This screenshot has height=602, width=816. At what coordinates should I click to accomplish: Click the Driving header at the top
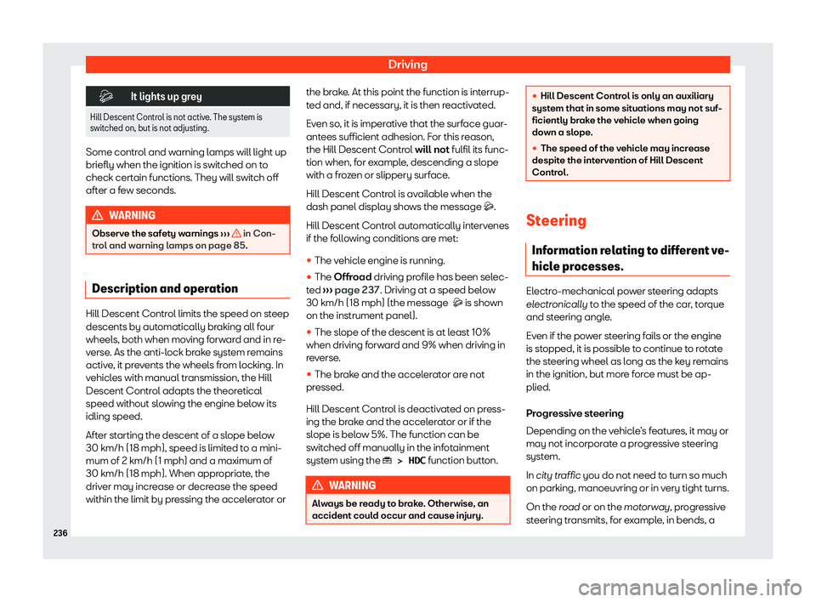[x=408, y=64]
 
